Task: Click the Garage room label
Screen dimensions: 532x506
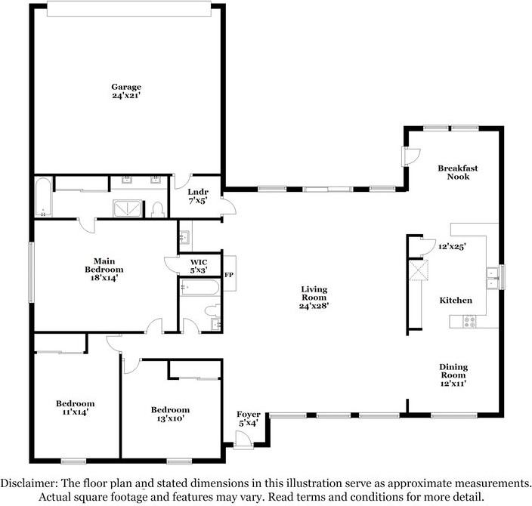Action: tap(126, 88)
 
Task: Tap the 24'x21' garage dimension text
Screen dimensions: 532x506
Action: tap(126, 96)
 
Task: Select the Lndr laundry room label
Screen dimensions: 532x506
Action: tap(198, 193)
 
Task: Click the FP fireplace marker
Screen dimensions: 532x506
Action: tap(229, 275)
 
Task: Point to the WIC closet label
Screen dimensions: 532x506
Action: tap(199, 262)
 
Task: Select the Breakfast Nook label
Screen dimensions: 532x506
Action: tap(458, 172)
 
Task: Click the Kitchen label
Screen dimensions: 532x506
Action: tap(456, 300)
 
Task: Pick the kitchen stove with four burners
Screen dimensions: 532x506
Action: tap(470, 322)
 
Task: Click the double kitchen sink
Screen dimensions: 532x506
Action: tap(492, 278)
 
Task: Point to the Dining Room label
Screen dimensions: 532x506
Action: tap(453, 371)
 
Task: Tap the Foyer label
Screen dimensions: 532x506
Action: tap(249, 415)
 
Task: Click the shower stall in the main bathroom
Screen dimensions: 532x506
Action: tap(127, 208)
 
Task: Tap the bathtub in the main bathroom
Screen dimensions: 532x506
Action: tap(43, 196)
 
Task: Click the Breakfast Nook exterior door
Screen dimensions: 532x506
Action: tap(410, 156)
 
